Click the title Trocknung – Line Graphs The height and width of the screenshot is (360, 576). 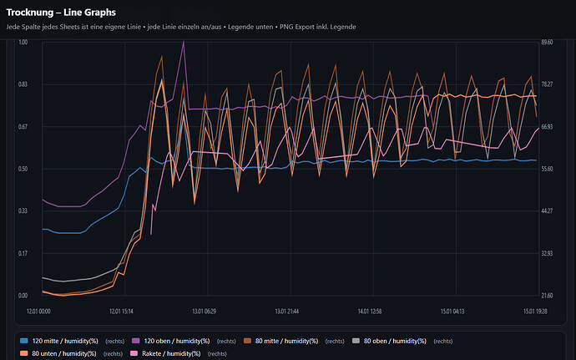tap(61, 13)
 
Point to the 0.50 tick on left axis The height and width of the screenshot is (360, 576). tap(23, 169)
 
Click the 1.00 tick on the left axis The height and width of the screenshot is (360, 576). tap(23, 42)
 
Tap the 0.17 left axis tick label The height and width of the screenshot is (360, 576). tap(23, 253)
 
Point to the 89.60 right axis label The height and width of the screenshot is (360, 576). tap(547, 42)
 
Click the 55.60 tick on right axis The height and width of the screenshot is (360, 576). tap(547, 169)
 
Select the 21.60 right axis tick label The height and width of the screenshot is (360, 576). tap(547, 296)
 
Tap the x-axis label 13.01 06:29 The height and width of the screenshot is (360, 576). tap(205, 311)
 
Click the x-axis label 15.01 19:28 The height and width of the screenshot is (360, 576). tap(535, 311)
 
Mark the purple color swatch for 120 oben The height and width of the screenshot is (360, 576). tap(134, 341)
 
